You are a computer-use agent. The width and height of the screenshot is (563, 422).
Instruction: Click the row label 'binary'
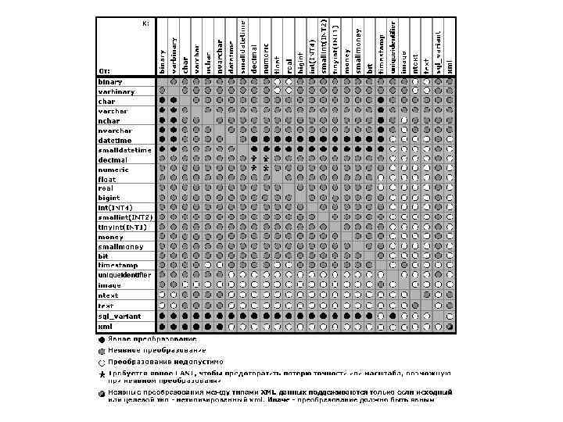pos(110,81)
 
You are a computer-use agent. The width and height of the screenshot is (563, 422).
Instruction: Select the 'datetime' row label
pos(114,140)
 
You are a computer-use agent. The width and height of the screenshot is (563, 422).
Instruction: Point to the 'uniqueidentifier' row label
pos(124,275)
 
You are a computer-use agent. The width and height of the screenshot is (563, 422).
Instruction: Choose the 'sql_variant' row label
pos(119,316)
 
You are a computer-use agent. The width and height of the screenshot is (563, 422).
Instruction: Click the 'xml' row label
pos(106,326)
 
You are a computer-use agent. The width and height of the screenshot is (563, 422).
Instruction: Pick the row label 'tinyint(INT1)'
pos(122,227)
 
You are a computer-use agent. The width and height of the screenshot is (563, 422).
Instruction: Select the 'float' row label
pos(107,179)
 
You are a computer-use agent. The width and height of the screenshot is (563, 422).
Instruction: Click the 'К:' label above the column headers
pos(145,24)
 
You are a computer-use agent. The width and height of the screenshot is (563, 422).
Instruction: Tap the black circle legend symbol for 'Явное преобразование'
pos(102,340)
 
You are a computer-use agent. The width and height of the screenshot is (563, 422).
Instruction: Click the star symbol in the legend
pos(102,375)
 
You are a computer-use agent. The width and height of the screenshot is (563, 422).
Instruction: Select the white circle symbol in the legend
pos(102,363)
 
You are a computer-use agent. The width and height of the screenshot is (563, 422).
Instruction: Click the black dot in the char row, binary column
pos(162,101)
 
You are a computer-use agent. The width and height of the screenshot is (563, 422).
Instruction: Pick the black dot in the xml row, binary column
pos(162,326)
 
